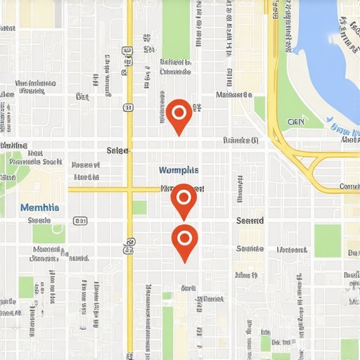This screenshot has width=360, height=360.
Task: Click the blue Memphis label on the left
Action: pos(40,207)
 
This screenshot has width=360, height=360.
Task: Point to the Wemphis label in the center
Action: pos(179,170)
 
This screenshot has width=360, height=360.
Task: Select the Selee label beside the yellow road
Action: pos(117,150)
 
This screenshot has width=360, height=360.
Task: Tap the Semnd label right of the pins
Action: pos(250,221)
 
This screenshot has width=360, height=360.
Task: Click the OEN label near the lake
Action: pos(296,121)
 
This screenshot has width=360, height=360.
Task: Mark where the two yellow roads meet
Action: pos(129,189)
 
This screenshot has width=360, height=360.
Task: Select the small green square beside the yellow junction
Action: pos(139,207)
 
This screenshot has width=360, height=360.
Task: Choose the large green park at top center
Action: pos(176,28)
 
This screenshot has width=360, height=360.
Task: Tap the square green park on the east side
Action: pos(327,240)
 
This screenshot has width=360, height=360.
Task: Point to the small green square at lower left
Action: pos(26,286)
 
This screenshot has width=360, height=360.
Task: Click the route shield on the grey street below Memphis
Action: pos(80,221)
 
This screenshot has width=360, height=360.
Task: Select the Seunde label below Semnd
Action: pos(250,248)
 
